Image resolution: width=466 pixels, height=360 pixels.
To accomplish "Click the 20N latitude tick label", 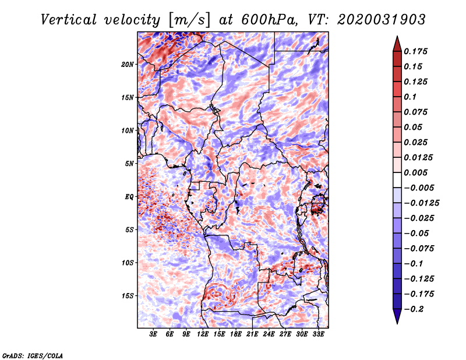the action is click(x=127, y=65).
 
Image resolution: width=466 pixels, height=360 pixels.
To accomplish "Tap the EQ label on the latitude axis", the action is click(x=129, y=197).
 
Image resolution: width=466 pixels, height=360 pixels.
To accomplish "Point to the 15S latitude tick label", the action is click(x=127, y=296).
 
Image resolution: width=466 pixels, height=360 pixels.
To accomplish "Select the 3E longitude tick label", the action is click(x=153, y=334).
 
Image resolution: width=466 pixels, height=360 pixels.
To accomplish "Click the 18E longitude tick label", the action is click(x=236, y=334).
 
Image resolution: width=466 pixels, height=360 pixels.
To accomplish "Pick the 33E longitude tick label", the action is click(x=318, y=334).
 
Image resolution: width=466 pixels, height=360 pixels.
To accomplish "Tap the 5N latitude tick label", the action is click(x=129, y=164).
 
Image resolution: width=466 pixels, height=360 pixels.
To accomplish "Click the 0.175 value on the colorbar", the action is click(x=415, y=51).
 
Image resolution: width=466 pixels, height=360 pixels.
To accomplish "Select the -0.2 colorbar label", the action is click(x=414, y=309).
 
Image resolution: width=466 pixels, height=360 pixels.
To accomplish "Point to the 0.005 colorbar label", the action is click(x=415, y=172).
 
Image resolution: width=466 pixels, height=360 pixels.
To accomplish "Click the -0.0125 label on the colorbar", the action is click(x=421, y=203).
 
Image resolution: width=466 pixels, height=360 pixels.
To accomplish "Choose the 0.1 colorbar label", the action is click(x=410, y=97).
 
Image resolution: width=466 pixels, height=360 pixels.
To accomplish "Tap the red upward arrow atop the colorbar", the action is click(x=397, y=44).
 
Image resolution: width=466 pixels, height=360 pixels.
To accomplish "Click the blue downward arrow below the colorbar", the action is click(x=397, y=316).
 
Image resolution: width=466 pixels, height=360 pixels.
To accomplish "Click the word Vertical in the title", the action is click(x=69, y=20).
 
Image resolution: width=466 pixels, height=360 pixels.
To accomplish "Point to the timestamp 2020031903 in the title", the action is click(x=382, y=20).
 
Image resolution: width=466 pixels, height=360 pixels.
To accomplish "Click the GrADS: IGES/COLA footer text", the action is click(x=33, y=355).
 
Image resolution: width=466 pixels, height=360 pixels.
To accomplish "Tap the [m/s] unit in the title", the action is click(x=189, y=20).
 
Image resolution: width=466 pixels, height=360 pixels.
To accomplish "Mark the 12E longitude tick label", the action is click(x=203, y=334).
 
